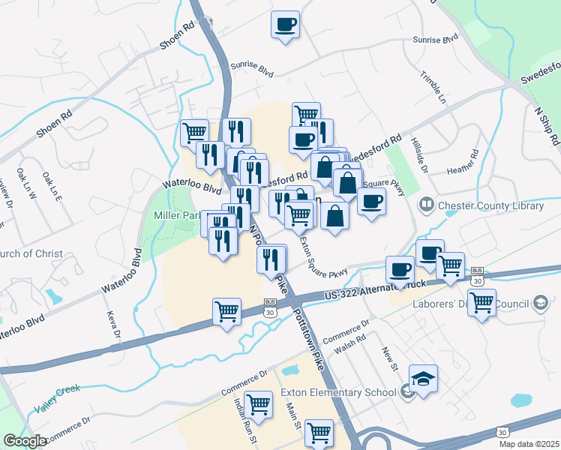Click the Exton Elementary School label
click(337, 391)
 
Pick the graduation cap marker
click(423, 379)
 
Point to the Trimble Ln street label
click(433, 88)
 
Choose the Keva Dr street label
click(113, 324)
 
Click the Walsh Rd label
click(349, 342)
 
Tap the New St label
click(388, 357)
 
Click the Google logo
click(25, 441)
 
